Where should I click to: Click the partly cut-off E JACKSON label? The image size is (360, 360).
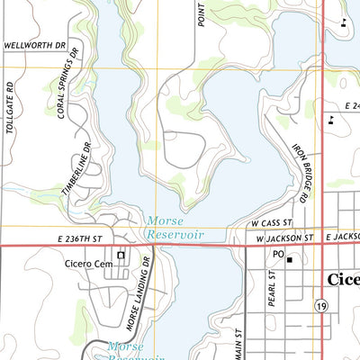click(x=343, y=236)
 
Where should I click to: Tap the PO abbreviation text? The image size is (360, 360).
click(x=278, y=255)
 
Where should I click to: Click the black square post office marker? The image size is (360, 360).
click(x=290, y=260)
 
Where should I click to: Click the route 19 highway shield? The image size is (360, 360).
click(x=320, y=307)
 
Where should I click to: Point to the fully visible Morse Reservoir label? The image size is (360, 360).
click(x=175, y=227)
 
